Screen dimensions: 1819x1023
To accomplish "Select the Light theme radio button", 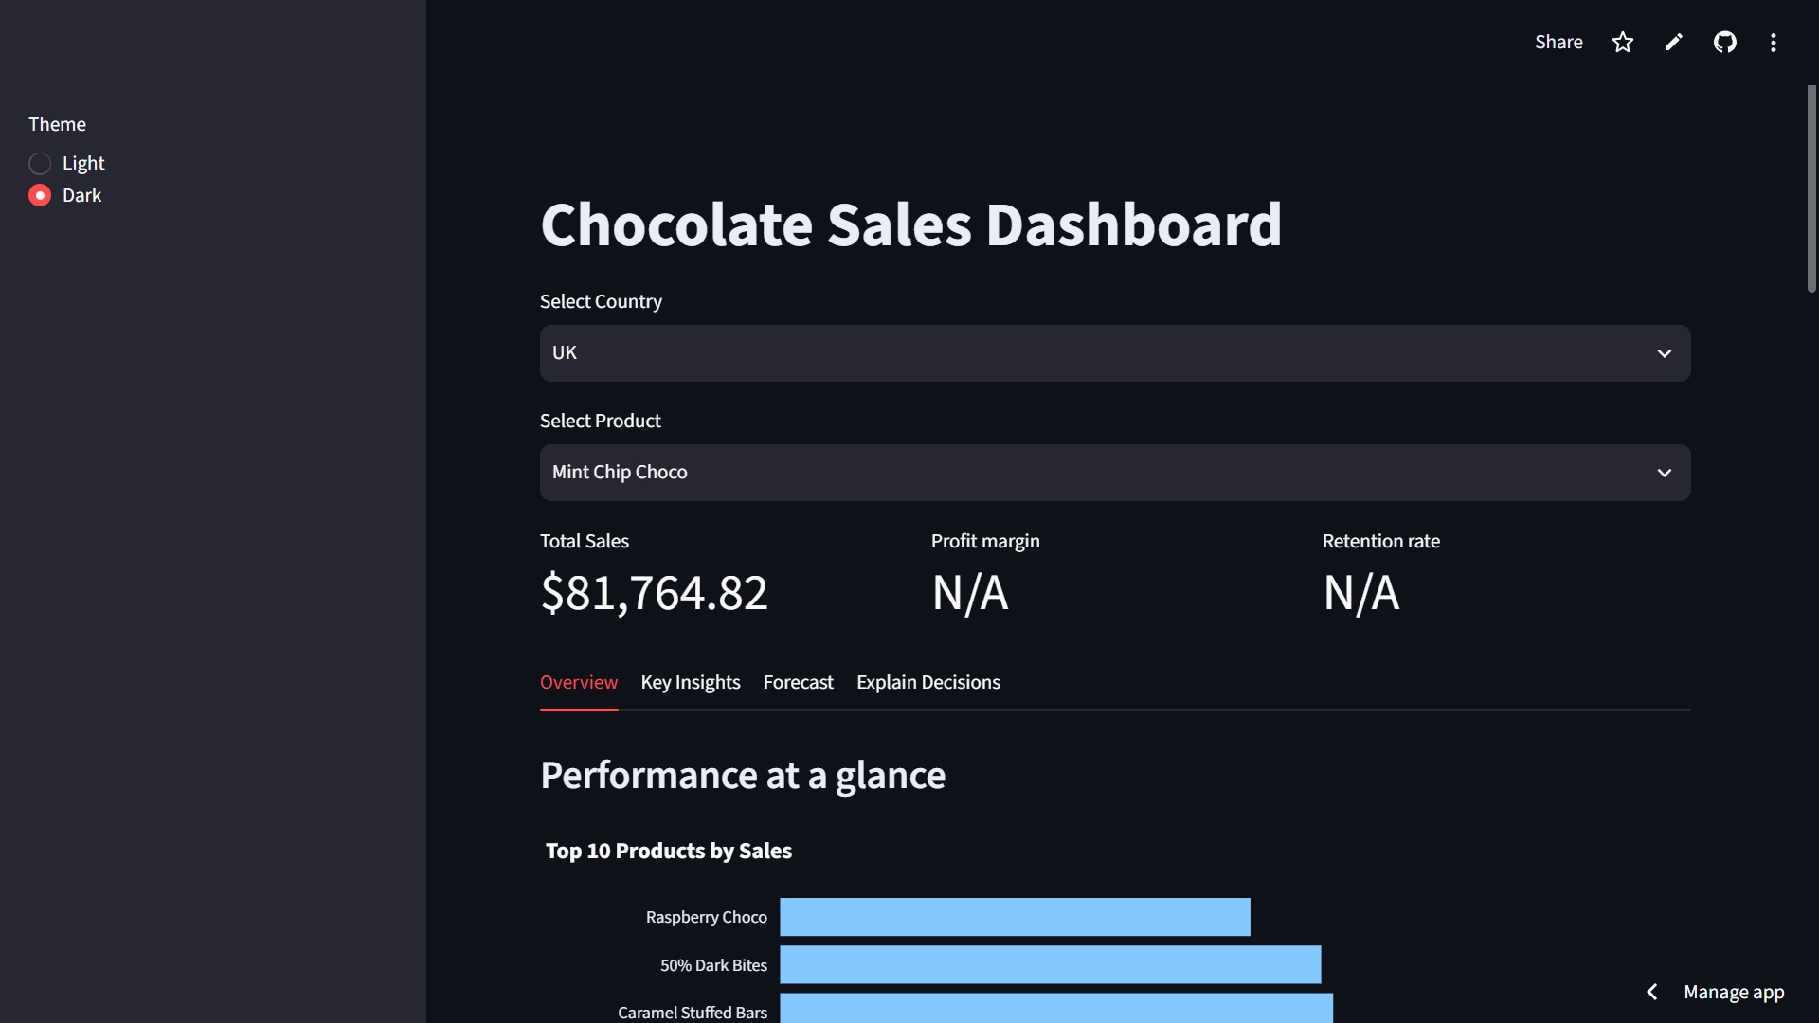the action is [40, 164].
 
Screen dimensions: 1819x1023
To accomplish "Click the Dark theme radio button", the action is [40, 196].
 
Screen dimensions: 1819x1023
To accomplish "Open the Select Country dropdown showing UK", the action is [1115, 353].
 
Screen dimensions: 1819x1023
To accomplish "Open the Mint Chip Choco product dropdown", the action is [1115, 473].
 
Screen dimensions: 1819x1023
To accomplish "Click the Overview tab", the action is [579, 682].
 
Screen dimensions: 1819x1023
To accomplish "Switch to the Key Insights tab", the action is [691, 682].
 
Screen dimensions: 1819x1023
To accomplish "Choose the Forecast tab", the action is [799, 682].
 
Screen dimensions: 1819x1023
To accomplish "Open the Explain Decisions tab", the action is [928, 682].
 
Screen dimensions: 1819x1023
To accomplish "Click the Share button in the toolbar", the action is [1558, 43].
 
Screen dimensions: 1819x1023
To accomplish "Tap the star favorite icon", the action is [1623, 43].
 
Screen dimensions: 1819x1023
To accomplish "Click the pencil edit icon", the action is [1674, 43].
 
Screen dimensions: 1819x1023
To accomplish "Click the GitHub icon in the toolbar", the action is [1725, 43].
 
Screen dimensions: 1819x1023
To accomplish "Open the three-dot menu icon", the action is [1774, 43].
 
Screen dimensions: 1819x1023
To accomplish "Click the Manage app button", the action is [1734, 992].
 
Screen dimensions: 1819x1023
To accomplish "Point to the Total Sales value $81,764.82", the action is [654, 594].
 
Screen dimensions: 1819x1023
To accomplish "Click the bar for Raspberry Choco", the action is [1015, 917].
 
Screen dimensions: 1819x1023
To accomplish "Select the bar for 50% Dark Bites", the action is [1050, 964].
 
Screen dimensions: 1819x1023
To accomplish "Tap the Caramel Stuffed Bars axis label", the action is [693, 1013].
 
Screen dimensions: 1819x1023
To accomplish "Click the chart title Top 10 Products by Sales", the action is [669, 851].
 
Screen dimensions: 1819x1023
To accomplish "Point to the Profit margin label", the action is [985, 541].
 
